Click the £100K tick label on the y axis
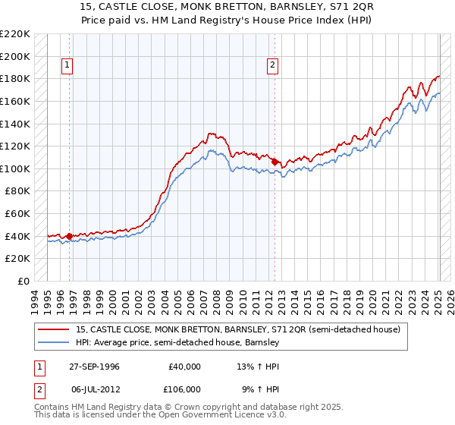tap(14, 168)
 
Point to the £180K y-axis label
tap(14, 78)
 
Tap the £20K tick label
tap(17, 259)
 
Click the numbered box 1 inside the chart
tap(67, 66)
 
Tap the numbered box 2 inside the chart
tap(272, 66)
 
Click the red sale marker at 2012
tap(275, 162)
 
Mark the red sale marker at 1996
tap(70, 236)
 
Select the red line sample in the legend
tap(53, 329)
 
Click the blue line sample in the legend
tap(53, 342)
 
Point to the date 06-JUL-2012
tap(95, 389)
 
